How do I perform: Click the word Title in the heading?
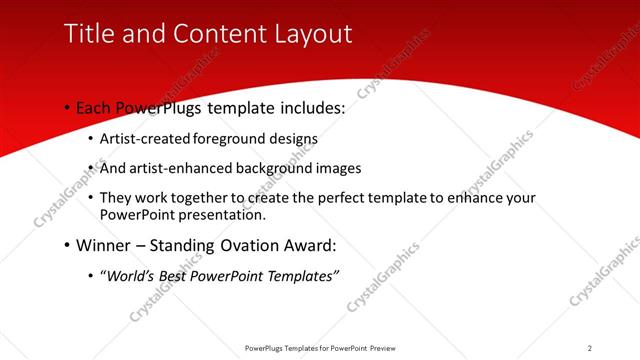point(87,33)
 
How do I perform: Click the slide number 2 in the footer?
point(590,347)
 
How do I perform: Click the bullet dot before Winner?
point(66,245)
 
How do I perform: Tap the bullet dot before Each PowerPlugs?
point(66,107)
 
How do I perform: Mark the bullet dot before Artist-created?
point(92,140)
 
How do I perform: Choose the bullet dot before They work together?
point(92,199)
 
